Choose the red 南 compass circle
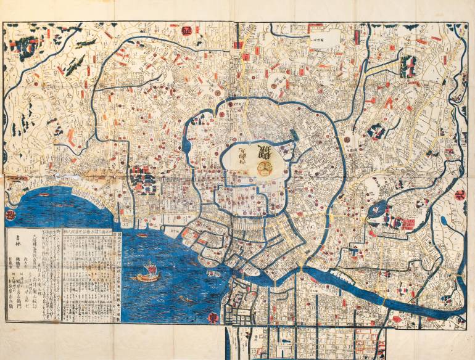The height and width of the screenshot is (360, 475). coord(10,215)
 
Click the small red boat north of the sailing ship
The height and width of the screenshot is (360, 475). coord(141,235)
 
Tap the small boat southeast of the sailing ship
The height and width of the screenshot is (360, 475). coord(184,300)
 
